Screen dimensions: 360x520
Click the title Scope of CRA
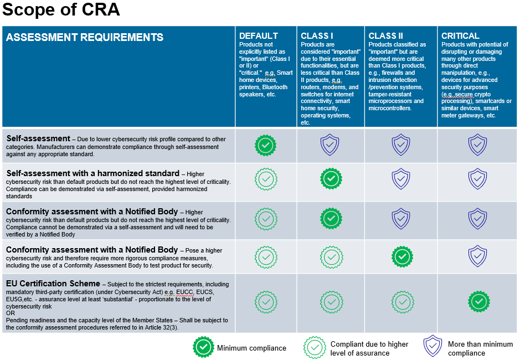(x=60, y=11)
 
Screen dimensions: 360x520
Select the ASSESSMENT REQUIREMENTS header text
(x=84, y=38)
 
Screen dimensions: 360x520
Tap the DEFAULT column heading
(x=258, y=36)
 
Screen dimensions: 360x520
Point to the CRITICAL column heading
(x=460, y=36)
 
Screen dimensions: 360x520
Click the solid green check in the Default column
(x=265, y=145)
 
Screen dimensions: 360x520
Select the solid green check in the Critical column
(x=478, y=301)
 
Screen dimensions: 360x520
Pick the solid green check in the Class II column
(x=401, y=256)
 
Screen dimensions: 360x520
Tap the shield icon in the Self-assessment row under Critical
(x=477, y=145)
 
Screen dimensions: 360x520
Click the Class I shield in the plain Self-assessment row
(x=331, y=145)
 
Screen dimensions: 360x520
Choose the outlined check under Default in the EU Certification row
(x=265, y=302)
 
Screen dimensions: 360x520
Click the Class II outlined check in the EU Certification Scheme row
(x=401, y=302)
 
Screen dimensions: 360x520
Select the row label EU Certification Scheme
(x=53, y=284)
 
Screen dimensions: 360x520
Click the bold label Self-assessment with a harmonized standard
(x=93, y=173)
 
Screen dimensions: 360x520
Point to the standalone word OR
(x=11, y=313)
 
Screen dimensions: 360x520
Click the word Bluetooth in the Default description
(x=275, y=87)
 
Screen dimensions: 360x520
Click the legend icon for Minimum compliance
(x=203, y=347)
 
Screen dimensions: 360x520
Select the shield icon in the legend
(x=433, y=347)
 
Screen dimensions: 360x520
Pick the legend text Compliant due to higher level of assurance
(x=369, y=348)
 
